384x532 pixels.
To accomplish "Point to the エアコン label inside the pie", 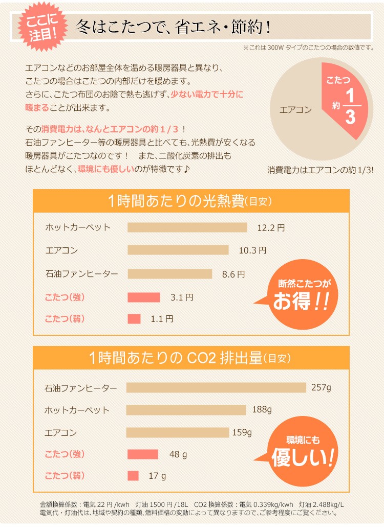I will (295, 109).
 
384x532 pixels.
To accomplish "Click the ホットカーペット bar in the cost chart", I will (187, 227).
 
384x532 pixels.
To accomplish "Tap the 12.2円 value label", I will (271, 228).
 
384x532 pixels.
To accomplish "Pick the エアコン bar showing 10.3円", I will (178, 250).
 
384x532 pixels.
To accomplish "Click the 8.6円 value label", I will (233, 274).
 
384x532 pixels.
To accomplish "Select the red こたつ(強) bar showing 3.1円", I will (144, 297).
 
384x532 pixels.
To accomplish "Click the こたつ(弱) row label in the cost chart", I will (65, 319).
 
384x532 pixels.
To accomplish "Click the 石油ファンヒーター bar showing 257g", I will (216, 388).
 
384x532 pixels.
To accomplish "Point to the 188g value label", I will (262, 410).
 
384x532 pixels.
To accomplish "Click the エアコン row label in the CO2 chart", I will (61, 433).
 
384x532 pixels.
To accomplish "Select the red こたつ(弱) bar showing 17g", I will (133, 475).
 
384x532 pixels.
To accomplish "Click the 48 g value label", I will (179, 454).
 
